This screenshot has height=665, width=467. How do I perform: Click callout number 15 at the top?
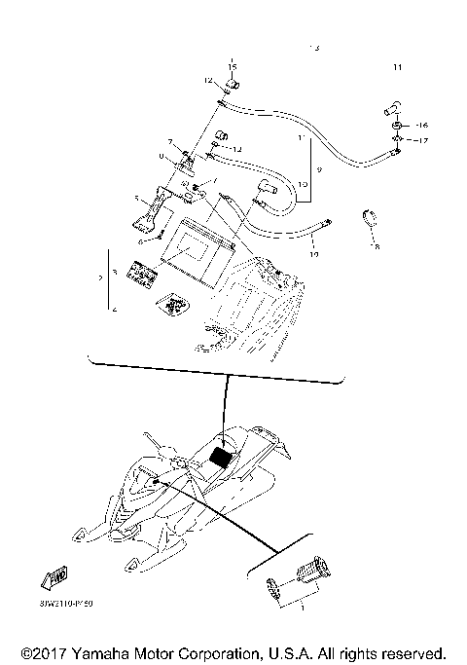233,65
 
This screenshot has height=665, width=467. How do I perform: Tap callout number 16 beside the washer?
421,127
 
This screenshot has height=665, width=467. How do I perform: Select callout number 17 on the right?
421,141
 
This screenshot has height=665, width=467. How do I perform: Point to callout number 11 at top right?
397,67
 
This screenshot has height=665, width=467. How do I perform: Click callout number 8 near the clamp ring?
377,247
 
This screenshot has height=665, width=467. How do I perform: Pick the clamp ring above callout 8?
371,217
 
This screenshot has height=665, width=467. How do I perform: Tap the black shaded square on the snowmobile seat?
224,454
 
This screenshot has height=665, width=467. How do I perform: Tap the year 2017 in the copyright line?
54,651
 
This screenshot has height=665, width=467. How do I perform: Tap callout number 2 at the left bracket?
100,277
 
